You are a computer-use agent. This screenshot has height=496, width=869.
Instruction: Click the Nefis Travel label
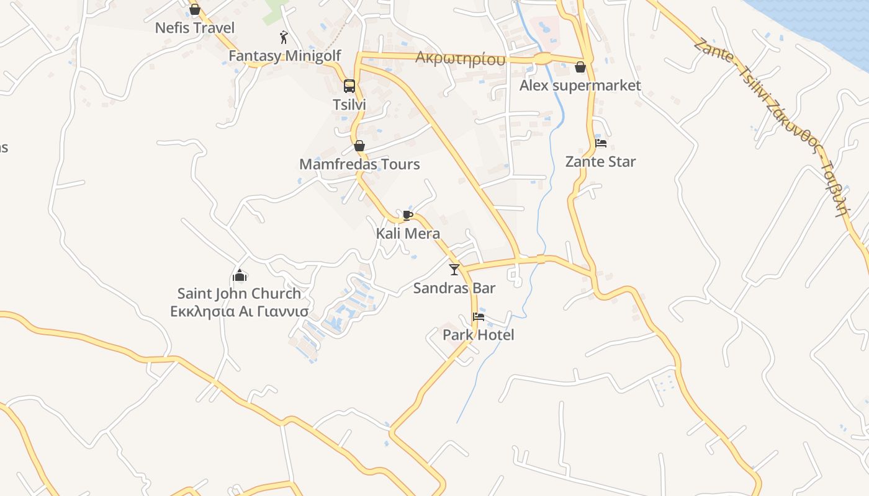click(194, 28)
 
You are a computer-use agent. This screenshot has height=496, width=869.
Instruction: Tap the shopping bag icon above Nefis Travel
click(195, 10)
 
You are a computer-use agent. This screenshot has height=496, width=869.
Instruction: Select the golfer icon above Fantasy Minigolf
click(284, 37)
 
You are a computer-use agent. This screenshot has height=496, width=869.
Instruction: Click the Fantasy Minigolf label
click(284, 56)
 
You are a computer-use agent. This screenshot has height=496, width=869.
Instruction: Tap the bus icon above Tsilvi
click(349, 86)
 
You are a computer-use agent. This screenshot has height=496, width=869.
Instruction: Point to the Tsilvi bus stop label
click(349, 105)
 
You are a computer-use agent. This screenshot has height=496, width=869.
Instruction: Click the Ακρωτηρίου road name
click(460, 59)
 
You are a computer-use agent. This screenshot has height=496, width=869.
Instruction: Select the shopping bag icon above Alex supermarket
click(580, 67)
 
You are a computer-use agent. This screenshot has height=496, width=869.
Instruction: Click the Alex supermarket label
click(580, 86)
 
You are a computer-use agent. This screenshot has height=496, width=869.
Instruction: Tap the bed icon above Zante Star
click(601, 143)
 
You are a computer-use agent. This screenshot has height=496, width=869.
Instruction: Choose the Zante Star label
click(600, 162)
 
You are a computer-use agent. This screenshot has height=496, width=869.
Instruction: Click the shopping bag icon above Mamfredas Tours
click(359, 146)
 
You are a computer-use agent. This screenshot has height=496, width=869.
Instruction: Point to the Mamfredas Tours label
click(359, 164)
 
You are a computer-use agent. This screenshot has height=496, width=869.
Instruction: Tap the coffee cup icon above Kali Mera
click(407, 215)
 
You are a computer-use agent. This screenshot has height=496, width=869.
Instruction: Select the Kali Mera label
click(408, 234)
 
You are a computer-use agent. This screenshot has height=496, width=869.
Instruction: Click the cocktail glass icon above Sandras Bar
click(454, 269)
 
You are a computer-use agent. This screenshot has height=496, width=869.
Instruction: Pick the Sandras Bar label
click(454, 288)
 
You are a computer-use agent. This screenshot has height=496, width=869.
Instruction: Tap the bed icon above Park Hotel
click(479, 317)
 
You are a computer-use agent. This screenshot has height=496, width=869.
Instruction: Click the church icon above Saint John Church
click(240, 275)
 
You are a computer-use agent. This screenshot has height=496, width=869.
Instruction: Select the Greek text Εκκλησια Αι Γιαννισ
click(239, 311)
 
